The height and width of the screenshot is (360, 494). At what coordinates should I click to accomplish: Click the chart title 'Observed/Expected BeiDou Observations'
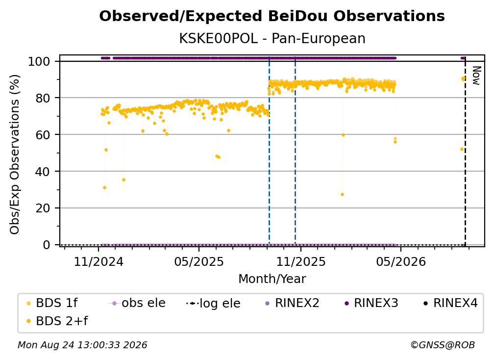pos(272,16)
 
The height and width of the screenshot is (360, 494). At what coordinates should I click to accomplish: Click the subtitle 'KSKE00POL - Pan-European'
pos(272,39)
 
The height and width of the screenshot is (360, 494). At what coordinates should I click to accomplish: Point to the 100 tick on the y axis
pos(39,61)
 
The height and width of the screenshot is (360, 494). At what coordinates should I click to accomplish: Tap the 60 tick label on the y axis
pos(43,134)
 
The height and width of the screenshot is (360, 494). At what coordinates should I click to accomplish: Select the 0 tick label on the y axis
pos(47,245)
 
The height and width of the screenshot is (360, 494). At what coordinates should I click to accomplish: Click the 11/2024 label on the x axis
pos(99,261)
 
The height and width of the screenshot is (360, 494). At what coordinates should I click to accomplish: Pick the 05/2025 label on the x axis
pos(199,261)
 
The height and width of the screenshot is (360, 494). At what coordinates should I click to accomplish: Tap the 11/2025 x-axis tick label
pos(301,261)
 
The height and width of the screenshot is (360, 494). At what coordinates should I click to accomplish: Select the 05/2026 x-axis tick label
pos(401,261)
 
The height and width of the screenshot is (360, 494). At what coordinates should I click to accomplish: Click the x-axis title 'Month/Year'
pos(272,279)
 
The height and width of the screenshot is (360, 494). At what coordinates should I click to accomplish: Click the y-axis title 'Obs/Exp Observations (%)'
pos(15,154)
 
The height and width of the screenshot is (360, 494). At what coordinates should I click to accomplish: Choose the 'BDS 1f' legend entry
pos(52,303)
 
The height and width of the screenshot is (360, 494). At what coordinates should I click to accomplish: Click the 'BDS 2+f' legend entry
pos(57,321)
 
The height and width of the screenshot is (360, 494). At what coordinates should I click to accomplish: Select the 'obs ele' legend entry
pos(137,303)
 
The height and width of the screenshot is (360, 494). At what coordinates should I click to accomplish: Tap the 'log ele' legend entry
pos(213,303)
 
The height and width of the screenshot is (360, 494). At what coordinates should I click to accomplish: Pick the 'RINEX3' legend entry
pos(371,303)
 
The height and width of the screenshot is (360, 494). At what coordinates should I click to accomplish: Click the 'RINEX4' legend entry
pos(450,303)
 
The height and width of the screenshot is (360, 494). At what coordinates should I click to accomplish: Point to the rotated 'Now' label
pos(476,76)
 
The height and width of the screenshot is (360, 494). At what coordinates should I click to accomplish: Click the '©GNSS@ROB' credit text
pos(443,345)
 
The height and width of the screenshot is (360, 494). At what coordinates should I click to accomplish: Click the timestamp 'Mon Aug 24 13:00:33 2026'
pos(82,345)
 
